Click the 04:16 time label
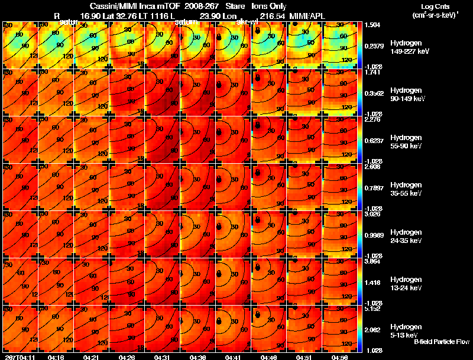[56, 357]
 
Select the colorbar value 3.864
[374, 261]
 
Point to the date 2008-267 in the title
[193, 7]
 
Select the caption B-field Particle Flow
[441, 342]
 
